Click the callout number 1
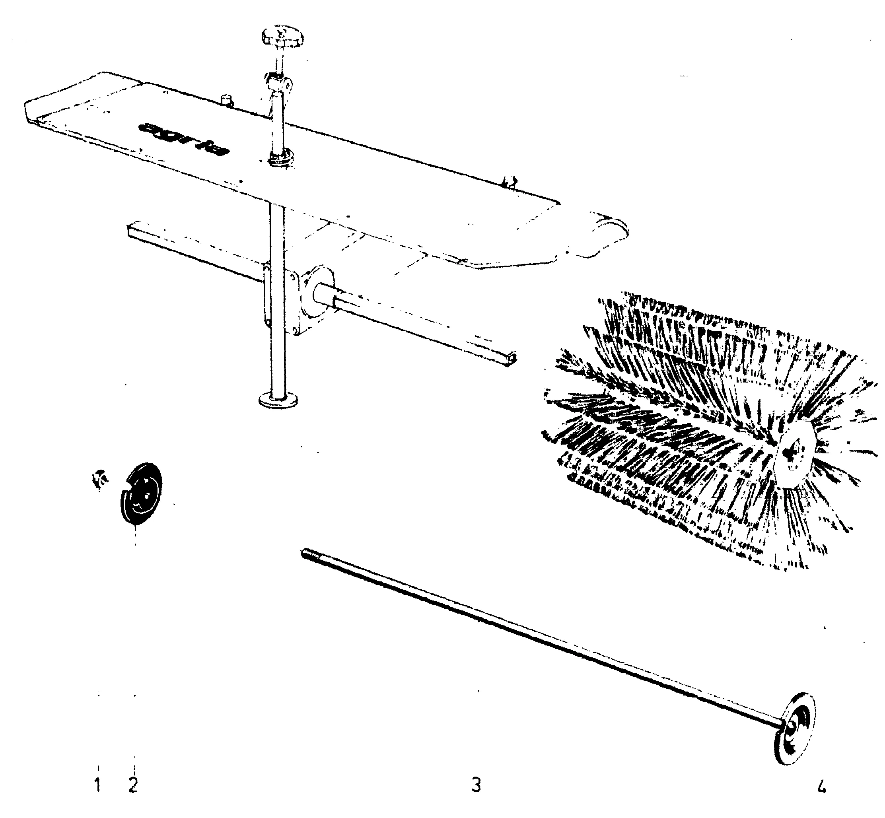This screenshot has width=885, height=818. point(97,785)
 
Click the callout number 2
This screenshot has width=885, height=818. point(133,785)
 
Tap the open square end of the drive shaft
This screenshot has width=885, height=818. point(513,357)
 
